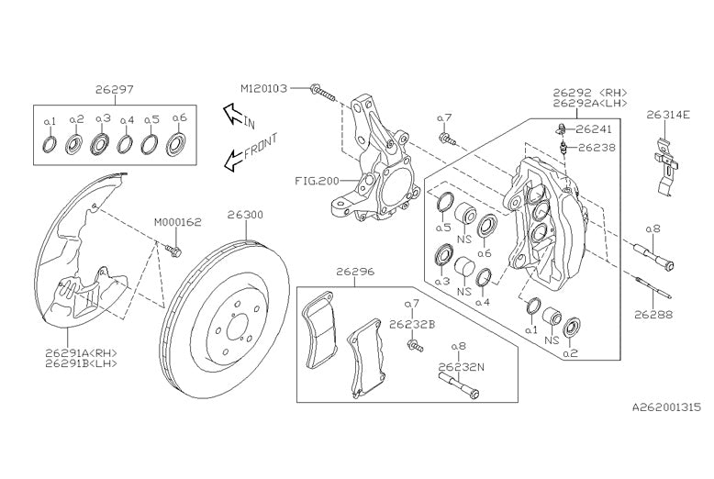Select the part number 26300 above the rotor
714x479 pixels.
[245, 215]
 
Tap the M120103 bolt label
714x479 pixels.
[264, 88]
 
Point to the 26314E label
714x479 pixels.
[667, 116]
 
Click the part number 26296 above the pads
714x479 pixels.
[354, 272]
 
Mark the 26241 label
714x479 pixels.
[593, 129]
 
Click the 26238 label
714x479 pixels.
[593, 146]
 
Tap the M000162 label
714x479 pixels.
[177, 222]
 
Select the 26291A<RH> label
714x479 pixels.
[80, 352]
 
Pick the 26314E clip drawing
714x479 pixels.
[668, 163]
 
